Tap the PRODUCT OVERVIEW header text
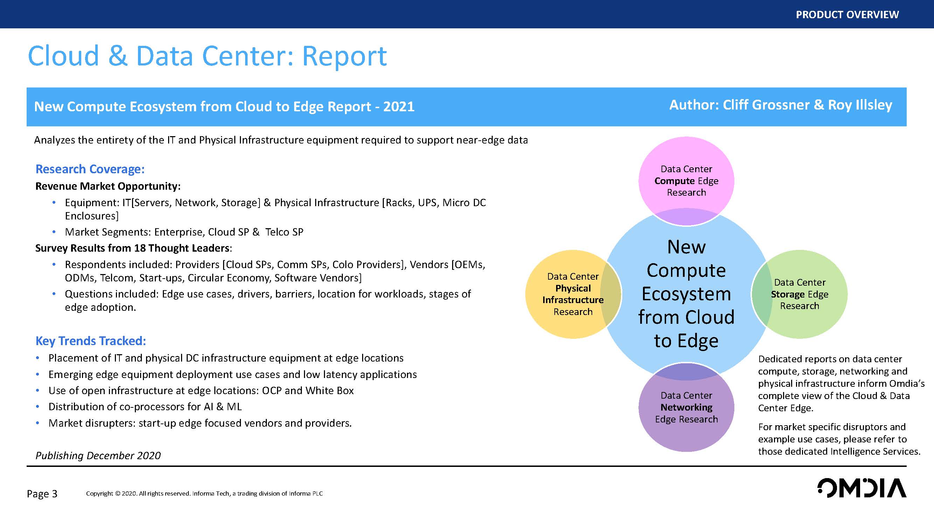click(847, 14)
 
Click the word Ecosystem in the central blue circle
click(686, 294)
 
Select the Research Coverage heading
click(90, 169)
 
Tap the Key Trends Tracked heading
click(91, 341)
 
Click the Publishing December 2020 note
click(98, 455)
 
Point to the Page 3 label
click(42, 494)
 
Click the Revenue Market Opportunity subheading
click(108, 186)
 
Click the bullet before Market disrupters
click(38, 423)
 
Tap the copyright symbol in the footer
click(117, 493)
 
